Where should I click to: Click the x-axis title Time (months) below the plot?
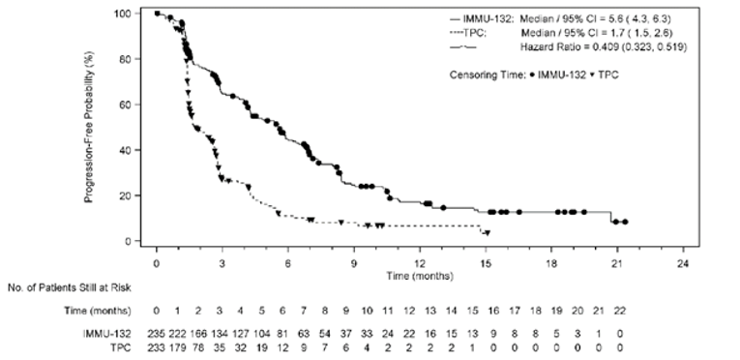419,275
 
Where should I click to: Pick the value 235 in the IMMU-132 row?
155,331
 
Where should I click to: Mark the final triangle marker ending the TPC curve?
487,233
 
